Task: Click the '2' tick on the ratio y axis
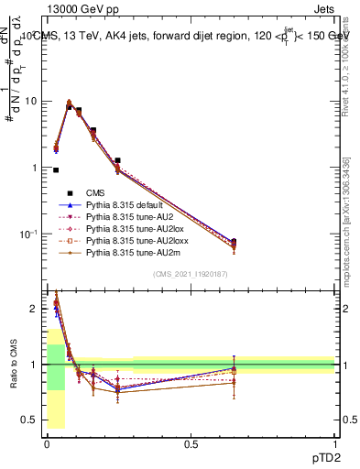pyautogui.click(x=35, y=309)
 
